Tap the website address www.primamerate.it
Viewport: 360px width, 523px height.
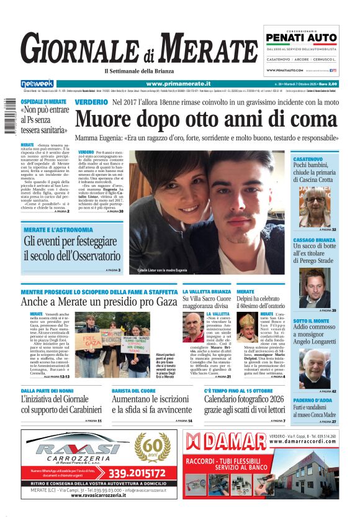tap(178, 83)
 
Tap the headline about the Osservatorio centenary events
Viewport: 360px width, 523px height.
tap(72, 248)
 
